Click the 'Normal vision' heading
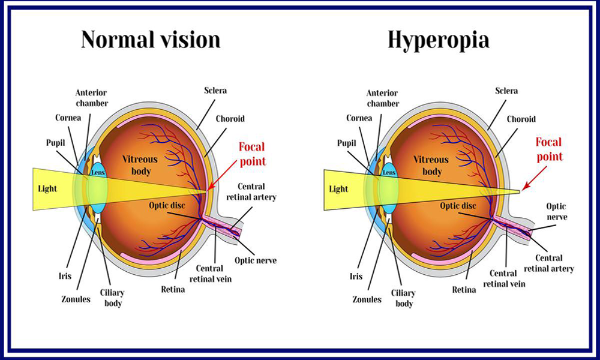coord(151,40)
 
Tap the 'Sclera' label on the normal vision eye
coord(215,91)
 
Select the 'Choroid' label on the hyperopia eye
coord(521,119)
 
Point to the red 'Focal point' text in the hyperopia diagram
coord(550,149)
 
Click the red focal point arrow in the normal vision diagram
coord(223,175)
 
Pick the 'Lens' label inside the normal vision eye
coord(98,173)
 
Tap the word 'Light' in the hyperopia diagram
coord(338,189)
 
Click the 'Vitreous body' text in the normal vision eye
coord(140,165)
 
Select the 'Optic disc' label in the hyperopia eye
coord(458,206)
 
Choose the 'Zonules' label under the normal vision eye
coord(76,299)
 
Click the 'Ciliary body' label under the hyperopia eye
coord(403,298)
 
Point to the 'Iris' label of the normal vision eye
coord(65,276)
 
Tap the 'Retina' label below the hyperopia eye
coord(464,290)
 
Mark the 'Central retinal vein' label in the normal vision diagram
coord(211,274)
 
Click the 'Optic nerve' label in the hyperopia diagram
coord(557,212)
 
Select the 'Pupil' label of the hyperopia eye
coord(347,143)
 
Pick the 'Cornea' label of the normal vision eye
coord(68,118)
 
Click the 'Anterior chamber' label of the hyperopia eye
coord(383,98)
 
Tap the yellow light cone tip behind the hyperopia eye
coord(519,190)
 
